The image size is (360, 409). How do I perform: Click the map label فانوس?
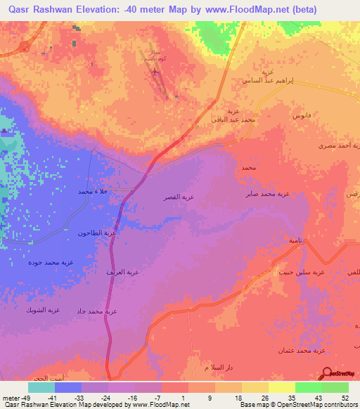303,114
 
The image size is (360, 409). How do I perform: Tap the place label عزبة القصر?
180,197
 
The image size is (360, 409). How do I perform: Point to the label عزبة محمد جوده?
51,263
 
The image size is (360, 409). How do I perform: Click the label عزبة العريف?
120,271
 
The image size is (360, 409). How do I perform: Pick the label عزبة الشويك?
43,309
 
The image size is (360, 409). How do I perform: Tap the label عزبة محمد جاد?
96,311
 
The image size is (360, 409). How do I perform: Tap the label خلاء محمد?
96,190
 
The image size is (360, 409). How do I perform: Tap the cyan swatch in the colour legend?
41,387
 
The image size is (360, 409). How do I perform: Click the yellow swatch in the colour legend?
282,387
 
